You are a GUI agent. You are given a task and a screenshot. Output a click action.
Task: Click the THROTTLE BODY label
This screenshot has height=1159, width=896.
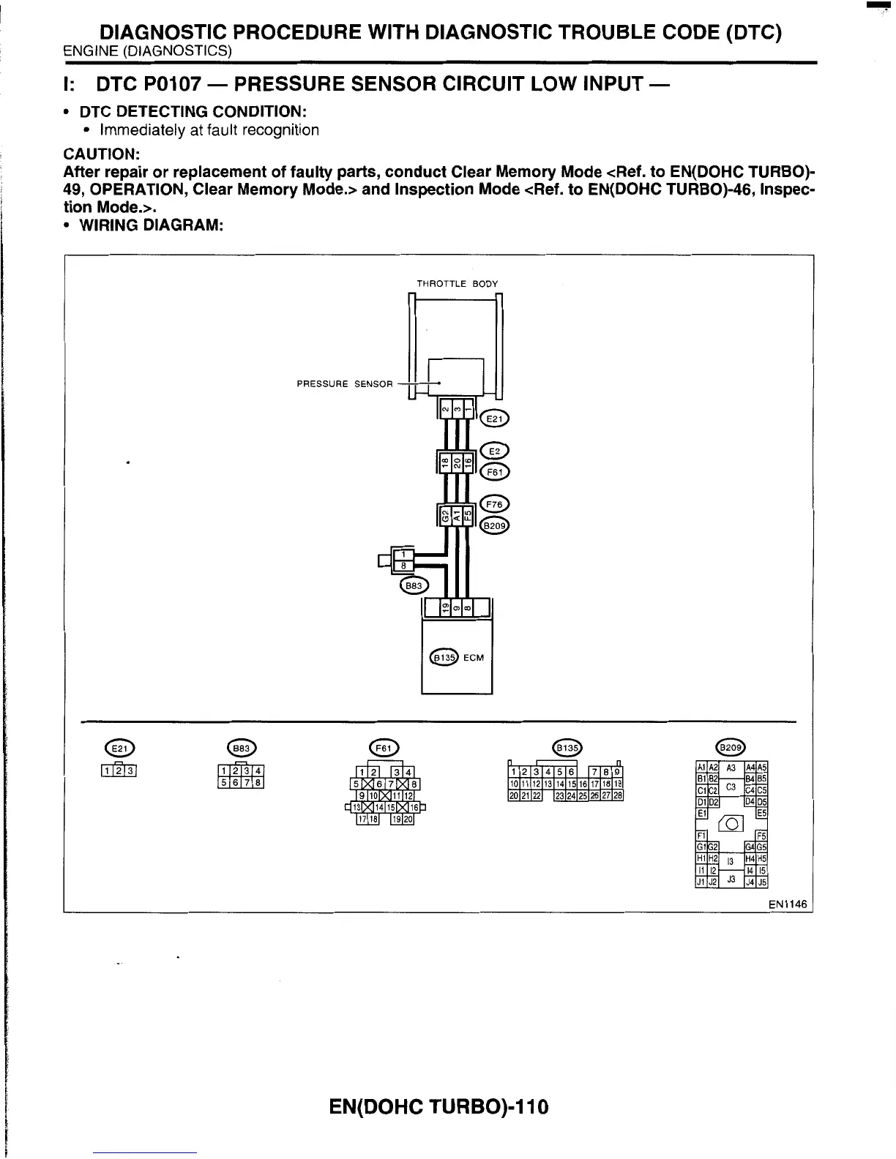point(457,283)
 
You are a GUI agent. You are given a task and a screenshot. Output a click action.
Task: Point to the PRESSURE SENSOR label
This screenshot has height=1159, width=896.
point(344,383)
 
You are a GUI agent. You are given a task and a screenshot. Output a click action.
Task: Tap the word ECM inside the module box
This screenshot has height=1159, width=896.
point(474,657)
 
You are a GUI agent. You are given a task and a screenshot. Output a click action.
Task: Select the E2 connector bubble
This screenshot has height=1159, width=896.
point(495,451)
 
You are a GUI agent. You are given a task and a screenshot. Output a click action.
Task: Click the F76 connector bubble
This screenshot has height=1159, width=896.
point(495,504)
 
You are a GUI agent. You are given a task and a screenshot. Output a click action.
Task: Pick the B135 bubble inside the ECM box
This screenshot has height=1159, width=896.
point(443,657)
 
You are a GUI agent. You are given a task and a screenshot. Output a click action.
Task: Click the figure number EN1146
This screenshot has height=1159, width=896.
point(788,904)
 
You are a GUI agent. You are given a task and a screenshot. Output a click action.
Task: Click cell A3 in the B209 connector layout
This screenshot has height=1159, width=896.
point(730,768)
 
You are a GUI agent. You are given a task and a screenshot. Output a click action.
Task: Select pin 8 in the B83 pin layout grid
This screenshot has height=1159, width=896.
point(258,783)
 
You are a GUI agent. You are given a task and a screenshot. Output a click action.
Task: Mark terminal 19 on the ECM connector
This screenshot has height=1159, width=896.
point(444,607)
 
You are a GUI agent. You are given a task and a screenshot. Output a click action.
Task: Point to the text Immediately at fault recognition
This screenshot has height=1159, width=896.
point(209,130)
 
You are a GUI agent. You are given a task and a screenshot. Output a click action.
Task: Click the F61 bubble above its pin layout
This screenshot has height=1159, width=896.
point(384,747)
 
